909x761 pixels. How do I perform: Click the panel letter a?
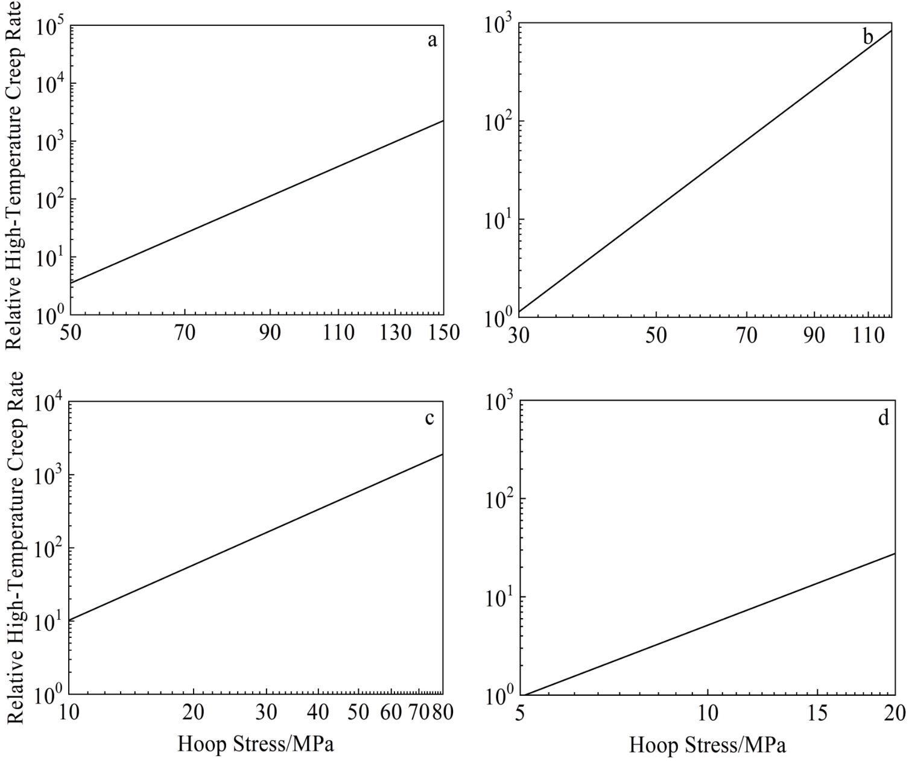431,41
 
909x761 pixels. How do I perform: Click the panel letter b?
868,38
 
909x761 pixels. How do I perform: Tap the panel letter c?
429,418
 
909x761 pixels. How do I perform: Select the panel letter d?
883,418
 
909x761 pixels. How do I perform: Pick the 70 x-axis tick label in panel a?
185,333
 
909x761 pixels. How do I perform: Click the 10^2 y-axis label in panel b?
499,122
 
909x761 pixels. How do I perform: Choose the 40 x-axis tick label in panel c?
317,712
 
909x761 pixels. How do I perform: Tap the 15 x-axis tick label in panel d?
817,714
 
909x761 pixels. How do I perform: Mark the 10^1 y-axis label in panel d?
499,598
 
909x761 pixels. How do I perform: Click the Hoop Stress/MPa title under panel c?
256,745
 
